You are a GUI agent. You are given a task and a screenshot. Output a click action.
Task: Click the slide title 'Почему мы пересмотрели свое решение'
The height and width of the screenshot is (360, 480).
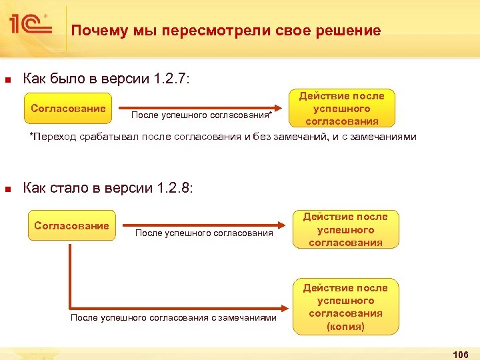tap(226, 31)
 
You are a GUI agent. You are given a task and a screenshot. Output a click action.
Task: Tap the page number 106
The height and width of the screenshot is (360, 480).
tap(460, 353)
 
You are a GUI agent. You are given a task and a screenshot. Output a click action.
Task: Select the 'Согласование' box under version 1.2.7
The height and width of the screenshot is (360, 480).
tap(69, 109)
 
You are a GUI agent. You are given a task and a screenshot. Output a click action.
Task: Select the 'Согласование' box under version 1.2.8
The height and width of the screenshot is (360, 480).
tap(71, 226)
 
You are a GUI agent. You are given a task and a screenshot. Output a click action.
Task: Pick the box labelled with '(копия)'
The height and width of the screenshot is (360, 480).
tap(345, 306)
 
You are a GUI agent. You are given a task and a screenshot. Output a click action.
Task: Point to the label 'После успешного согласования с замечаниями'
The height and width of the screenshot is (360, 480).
tap(173, 317)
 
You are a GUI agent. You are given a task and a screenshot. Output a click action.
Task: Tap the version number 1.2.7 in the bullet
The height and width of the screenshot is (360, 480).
tap(171, 80)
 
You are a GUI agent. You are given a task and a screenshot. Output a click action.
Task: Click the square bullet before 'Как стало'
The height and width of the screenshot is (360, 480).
tap(8, 189)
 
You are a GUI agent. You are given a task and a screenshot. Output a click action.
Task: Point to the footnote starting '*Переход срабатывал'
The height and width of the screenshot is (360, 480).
tap(223, 137)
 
